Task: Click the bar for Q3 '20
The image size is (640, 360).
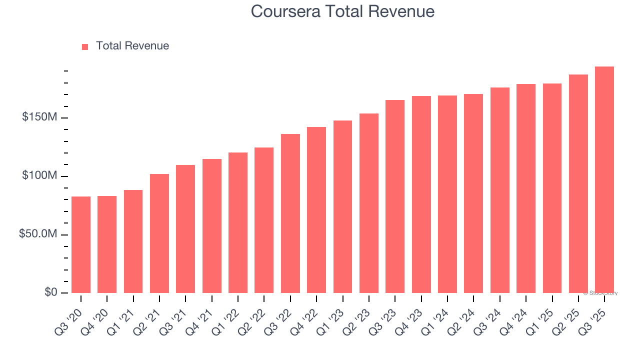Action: [x=81, y=244]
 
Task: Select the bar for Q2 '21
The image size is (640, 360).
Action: [x=159, y=233]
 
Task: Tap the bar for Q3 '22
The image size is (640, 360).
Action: [x=290, y=213]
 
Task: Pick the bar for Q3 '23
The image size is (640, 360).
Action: [x=395, y=196]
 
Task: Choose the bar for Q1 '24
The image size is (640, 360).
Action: [x=447, y=194]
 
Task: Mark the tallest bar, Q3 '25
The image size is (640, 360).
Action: [x=604, y=179]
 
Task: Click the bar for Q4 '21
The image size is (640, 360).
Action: [x=212, y=226]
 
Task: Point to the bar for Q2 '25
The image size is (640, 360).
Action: [x=578, y=183]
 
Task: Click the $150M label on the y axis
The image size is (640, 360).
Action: [x=39, y=117]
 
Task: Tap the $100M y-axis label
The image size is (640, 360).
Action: [x=39, y=176]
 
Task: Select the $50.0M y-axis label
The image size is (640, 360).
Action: [x=38, y=234]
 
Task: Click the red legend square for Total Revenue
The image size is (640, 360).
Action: [x=85, y=46]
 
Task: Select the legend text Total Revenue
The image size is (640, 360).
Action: [x=132, y=46]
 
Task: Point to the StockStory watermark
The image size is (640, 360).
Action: [x=601, y=293]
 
